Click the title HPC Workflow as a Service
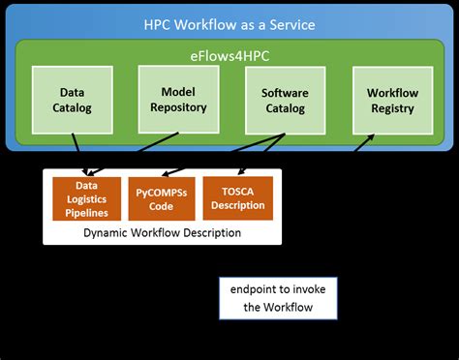230,22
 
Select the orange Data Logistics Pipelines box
87,198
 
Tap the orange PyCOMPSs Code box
162,197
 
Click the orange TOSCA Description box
238,197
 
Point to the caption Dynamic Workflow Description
162,233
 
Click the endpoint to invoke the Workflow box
278,300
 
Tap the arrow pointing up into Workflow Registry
364,143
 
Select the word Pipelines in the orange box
87,213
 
